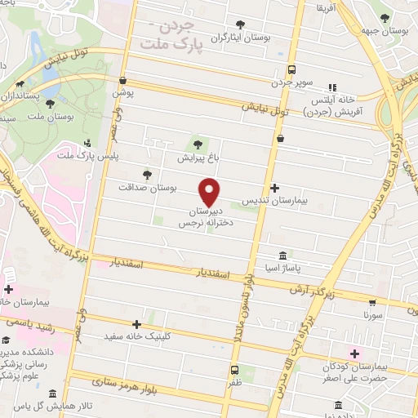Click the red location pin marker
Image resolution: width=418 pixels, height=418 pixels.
tap(211, 191)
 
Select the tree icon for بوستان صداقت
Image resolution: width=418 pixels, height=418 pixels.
tap(148, 174)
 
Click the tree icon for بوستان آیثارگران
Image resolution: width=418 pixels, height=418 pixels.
tap(239, 25)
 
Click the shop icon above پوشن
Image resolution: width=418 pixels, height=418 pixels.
tap(122, 81)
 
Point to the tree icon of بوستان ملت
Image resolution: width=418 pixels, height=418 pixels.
tap(51, 104)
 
